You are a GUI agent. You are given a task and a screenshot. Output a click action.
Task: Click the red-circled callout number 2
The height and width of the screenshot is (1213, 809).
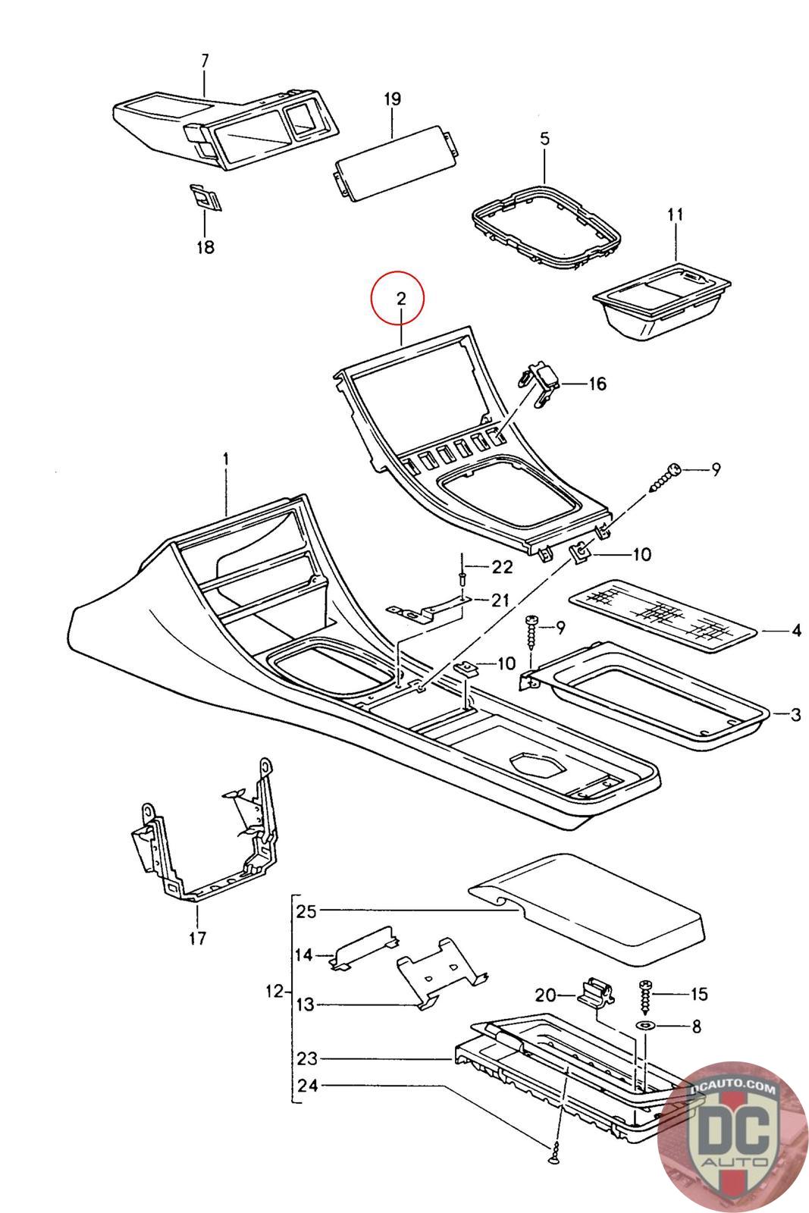pyautogui.click(x=400, y=298)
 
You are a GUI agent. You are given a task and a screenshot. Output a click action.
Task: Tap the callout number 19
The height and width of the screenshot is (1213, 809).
pyautogui.click(x=392, y=99)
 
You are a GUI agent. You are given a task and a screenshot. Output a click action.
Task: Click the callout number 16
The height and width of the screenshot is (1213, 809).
pyautogui.click(x=597, y=384)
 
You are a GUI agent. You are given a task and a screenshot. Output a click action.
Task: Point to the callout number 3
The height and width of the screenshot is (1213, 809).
pyautogui.click(x=795, y=715)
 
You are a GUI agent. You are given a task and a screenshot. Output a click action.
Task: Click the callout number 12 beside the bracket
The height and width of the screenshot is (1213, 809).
pyautogui.click(x=274, y=991)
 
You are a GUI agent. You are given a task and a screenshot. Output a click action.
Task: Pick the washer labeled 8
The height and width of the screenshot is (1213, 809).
pyautogui.click(x=647, y=1026)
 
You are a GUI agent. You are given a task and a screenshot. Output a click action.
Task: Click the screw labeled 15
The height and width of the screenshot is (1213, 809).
pyautogui.click(x=646, y=994)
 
